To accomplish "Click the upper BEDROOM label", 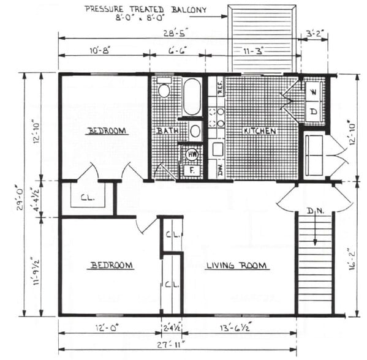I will click(107, 130).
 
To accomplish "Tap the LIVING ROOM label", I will click(236, 265).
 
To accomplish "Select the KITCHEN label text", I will click(260, 131).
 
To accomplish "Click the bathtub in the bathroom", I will click(192, 97).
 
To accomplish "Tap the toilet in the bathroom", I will click(164, 89).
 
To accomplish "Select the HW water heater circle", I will click(192, 154).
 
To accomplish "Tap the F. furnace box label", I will click(192, 171).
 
